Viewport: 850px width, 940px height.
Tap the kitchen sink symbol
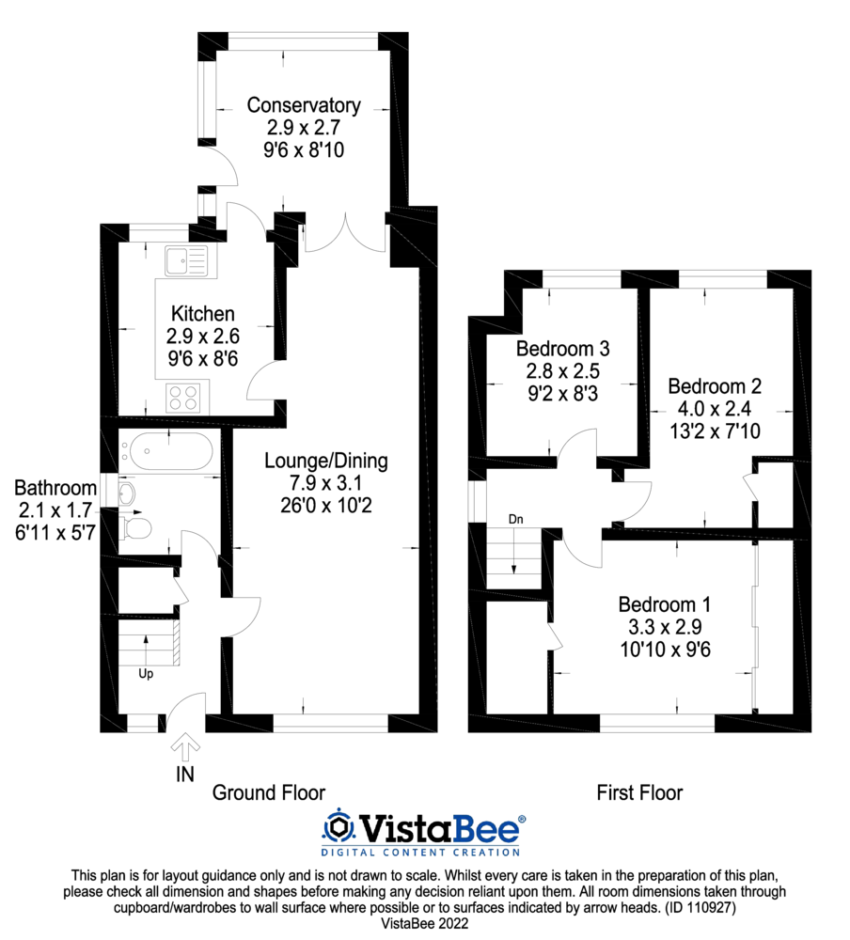tap(188, 259)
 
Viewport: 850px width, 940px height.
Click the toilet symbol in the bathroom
tap(135, 526)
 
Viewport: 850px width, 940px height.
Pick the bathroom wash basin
tap(127, 493)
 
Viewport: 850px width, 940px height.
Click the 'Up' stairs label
tap(146, 673)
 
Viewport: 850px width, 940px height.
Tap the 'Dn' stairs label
tap(515, 519)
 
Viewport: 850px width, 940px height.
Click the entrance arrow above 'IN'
tap(185, 747)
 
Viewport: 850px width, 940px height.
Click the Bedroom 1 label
tap(664, 604)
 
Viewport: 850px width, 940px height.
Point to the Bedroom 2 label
tap(715, 386)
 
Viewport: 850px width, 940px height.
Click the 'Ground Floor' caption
tap(268, 792)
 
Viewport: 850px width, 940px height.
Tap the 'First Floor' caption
tap(639, 792)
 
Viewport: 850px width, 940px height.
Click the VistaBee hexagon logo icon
tap(338, 826)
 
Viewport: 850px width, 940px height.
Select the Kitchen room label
tap(202, 313)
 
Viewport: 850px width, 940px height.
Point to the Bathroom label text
tap(55, 488)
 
